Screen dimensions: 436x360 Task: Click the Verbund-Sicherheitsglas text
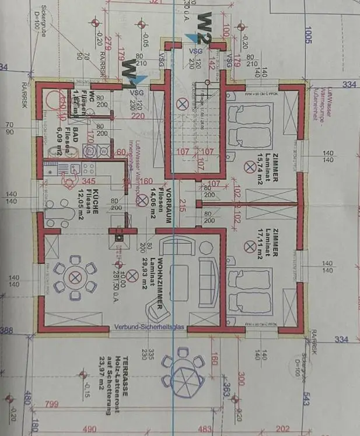(x=149, y=327)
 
